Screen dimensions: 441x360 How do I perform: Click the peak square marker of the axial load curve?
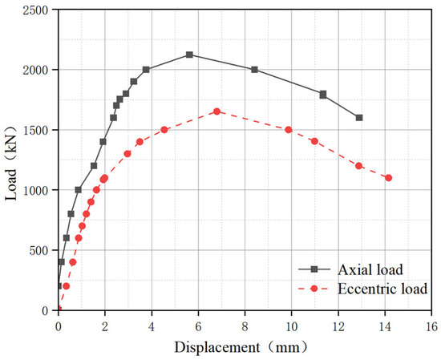(x=189, y=55)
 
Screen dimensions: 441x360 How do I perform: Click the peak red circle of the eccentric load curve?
(x=216, y=111)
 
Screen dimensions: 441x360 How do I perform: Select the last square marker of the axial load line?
(x=359, y=118)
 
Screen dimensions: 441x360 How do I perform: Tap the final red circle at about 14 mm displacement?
(x=388, y=178)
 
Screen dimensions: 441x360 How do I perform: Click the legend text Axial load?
(x=370, y=269)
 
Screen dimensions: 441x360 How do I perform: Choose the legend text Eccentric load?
(x=382, y=289)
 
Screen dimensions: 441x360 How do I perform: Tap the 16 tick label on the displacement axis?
(x=431, y=327)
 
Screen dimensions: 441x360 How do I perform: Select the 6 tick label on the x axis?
(x=198, y=327)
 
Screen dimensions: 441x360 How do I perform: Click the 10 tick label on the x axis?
(x=292, y=327)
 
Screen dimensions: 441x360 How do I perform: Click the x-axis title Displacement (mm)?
(x=241, y=348)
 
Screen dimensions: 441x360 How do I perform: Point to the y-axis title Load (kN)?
(x=11, y=163)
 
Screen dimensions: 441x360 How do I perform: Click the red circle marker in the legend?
(x=314, y=289)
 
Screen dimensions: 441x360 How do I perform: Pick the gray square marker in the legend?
(x=314, y=269)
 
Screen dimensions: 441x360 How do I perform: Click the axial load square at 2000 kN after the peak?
(x=254, y=70)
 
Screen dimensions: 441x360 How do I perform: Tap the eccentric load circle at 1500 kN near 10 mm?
(x=289, y=130)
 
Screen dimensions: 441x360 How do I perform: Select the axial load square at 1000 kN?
(x=79, y=190)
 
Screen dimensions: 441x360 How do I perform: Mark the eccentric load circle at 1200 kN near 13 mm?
(x=358, y=166)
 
